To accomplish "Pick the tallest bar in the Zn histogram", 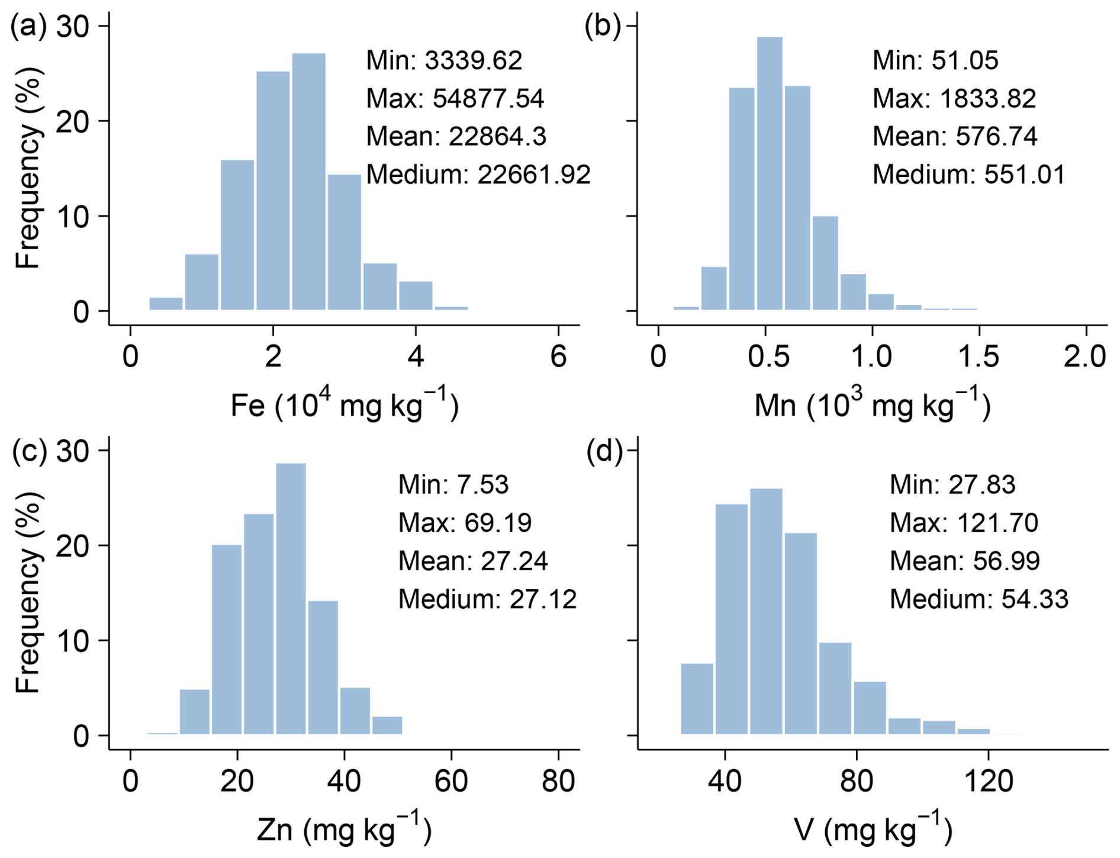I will pyautogui.click(x=291, y=598).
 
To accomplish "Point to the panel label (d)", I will pyautogui.click(x=604, y=451).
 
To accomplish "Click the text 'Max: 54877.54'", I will pyautogui.click(x=455, y=99).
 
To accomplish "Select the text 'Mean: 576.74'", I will pyautogui.click(x=954, y=137).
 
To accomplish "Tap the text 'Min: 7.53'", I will pyautogui.click(x=453, y=484).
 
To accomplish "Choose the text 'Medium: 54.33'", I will pyautogui.click(x=979, y=599).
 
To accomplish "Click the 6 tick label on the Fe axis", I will pyautogui.click(x=558, y=357).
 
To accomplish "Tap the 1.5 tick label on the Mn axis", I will pyautogui.click(x=978, y=357).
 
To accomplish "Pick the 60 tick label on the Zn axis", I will pyautogui.click(x=451, y=781).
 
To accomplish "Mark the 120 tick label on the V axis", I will pyautogui.click(x=988, y=781).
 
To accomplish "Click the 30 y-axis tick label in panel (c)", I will pyautogui.click(x=74, y=451).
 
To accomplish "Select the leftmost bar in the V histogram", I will pyautogui.click(x=697, y=699).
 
